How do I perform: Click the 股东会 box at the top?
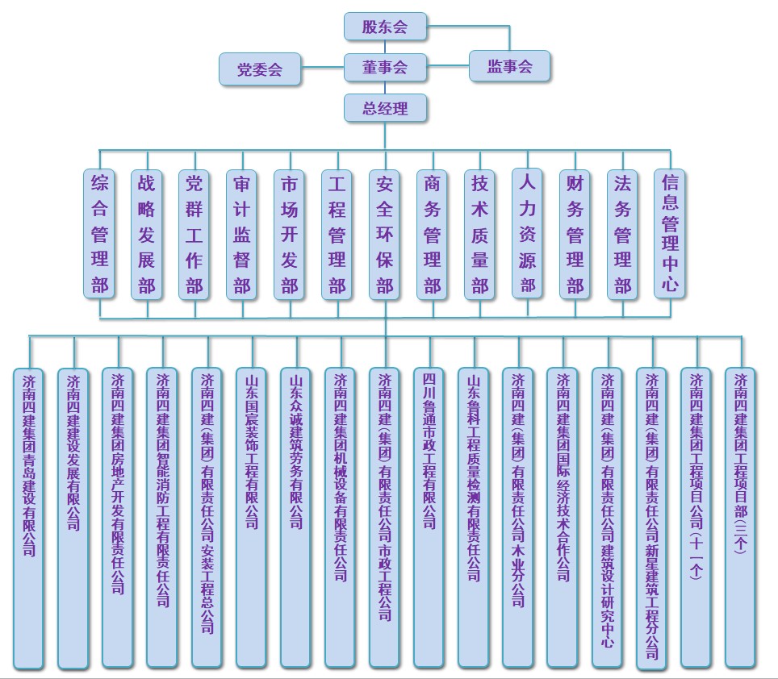tap(385, 27)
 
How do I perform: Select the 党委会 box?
tap(260, 69)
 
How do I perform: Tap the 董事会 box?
tap(385, 67)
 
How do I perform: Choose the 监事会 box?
tap(509, 66)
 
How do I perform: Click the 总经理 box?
tap(385, 107)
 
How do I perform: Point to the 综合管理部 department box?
tap(99, 235)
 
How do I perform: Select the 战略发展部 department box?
tap(146, 235)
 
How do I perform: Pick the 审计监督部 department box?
tap(241, 235)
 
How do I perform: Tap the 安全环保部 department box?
tap(384, 235)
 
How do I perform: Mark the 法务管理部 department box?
tap(623, 235)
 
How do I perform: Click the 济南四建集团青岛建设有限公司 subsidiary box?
tap(29, 519)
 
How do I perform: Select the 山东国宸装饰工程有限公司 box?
tap(252, 518)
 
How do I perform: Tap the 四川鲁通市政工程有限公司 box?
tap(429, 518)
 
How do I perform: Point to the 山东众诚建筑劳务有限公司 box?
tap(295, 518)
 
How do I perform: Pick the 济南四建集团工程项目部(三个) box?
tap(741, 518)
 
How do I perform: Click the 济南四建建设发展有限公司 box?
tap(73, 519)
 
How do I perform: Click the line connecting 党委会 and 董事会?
tap(322, 67)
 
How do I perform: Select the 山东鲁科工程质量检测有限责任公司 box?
tap(474, 518)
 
